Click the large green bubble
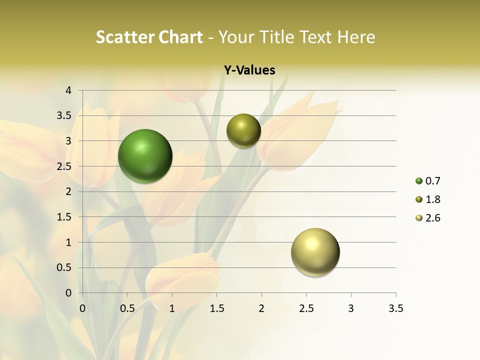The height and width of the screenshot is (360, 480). click(145, 156)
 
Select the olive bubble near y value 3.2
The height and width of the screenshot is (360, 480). click(243, 131)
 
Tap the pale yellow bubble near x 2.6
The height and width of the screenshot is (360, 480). click(315, 252)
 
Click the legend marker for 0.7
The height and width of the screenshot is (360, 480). click(419, 181)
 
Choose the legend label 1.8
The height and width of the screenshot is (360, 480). click(432, 199)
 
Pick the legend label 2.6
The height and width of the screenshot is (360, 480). click(432, 218)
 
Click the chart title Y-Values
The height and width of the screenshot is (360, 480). click(249, 70)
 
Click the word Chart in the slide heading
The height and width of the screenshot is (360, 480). click(180, 37)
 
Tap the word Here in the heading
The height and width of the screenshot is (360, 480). click(356, 37)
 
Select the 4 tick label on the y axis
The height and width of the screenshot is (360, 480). click(69, 90)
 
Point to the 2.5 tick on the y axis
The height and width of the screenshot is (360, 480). click(64, 166)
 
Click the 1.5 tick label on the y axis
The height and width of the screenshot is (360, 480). click(64, 217)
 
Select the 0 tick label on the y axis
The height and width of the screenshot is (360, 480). click(69, 293)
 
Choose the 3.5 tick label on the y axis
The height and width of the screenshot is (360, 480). click(64, 116)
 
